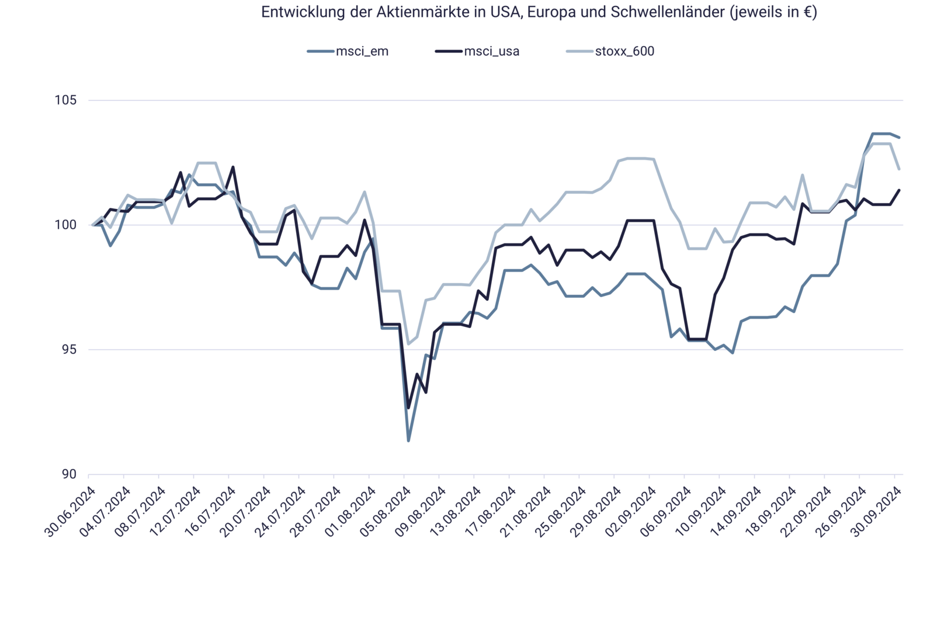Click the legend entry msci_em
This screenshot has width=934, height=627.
pos(362,51)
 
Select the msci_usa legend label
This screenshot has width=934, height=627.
pos(491,51)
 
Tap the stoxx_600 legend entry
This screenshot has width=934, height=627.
pos(624,51)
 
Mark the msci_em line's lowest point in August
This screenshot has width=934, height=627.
pos(408,441)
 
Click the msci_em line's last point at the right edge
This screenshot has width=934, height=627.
pos(900,137)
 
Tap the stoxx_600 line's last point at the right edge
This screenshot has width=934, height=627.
pos(900,170)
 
